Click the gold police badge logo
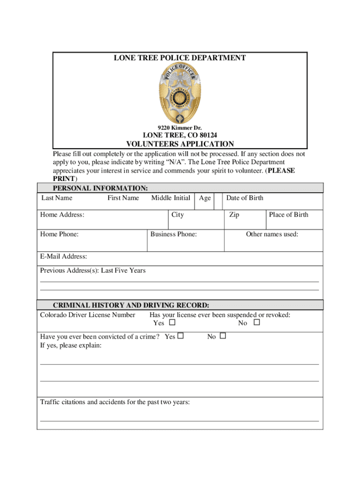pos(180,93)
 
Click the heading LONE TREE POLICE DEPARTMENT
pos(180,58)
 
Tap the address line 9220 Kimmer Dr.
pos(180,128)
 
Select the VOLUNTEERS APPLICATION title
pos(180,144)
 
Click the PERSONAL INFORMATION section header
pos(101,188)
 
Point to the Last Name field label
pos(57,198)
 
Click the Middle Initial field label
pos(171,198)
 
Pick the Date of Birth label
pos(245,198)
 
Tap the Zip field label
pos(234,215)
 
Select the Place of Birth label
pos(288,215)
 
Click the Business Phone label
pos(173,234)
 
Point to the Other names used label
pos(272,234)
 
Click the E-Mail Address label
pos(64,256)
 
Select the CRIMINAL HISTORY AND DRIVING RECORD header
pos(131,305)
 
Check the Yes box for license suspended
pos(172,323)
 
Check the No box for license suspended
pos(256,323)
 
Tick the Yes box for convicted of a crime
pos(180,336)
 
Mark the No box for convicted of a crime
pos(223,336)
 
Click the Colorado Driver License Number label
pos(87,315)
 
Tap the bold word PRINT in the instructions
pos(63,179)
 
